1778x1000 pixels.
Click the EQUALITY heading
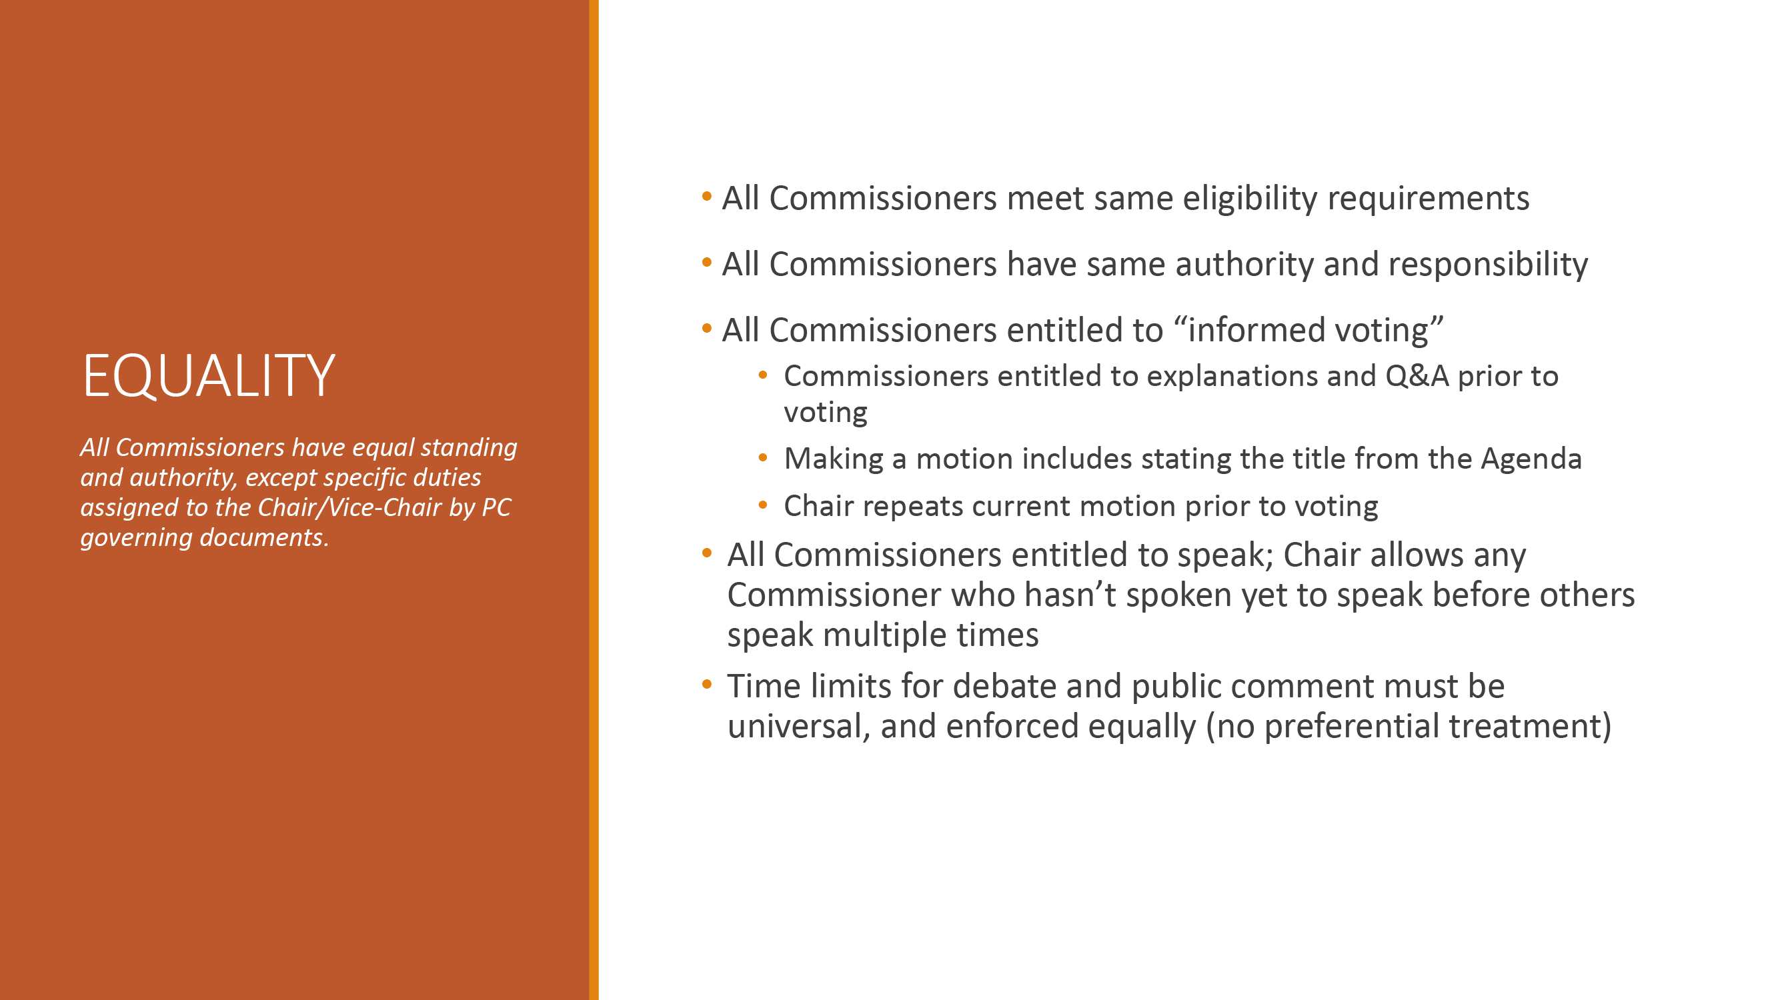[x=209, y=375]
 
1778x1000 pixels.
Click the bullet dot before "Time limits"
[x=706, y=685]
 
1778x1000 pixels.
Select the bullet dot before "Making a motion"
[x=763, y=458]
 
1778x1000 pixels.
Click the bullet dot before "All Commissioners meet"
[x=706, y=197]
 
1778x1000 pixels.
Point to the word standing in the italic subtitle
[x=469, y=449]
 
